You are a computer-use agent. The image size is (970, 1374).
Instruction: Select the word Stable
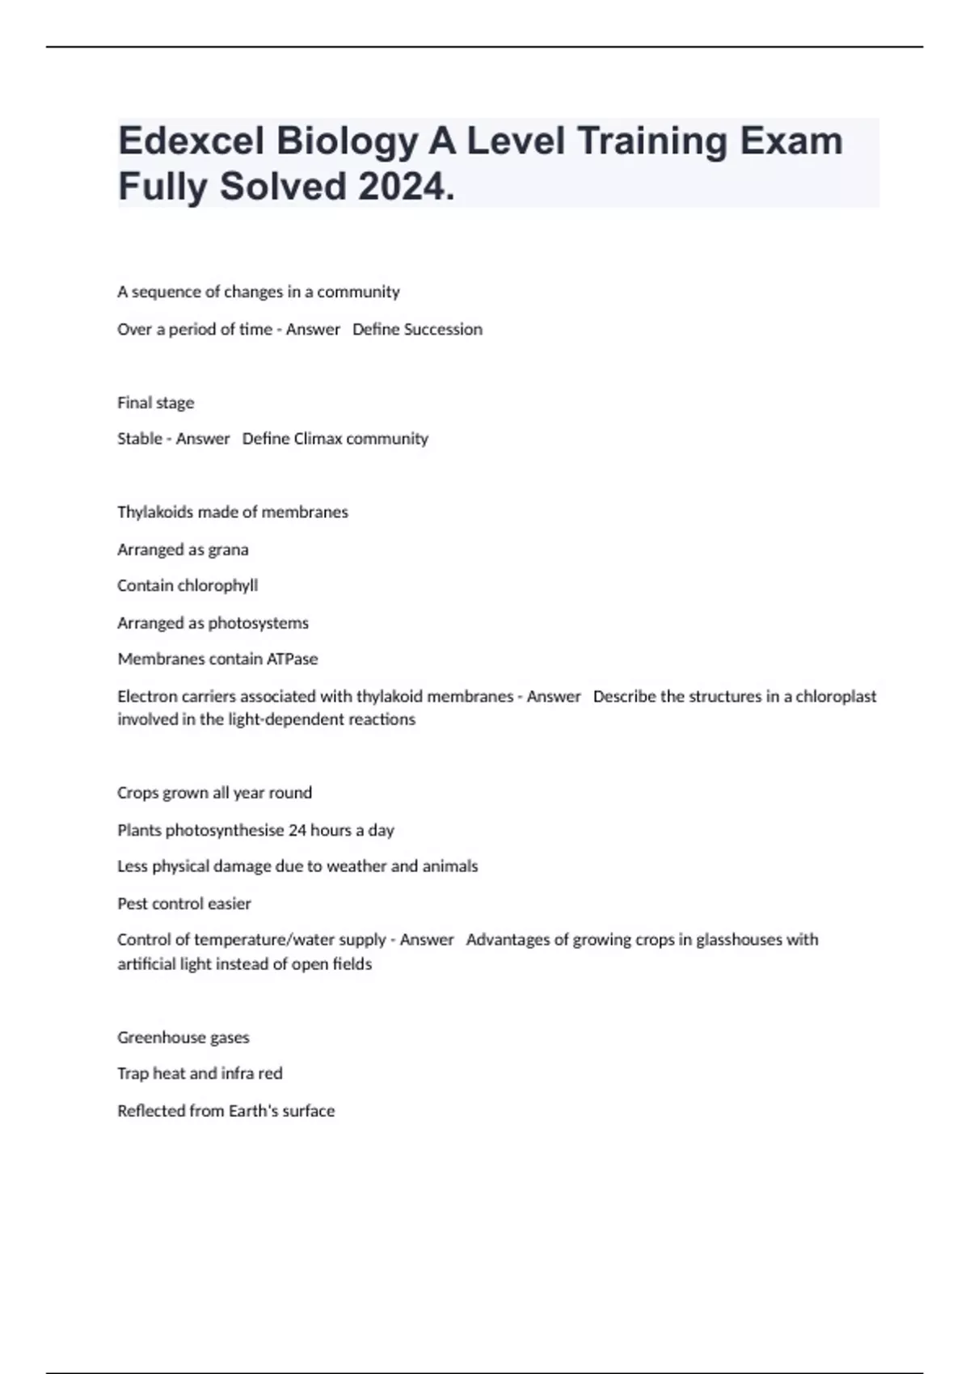pos(139,439)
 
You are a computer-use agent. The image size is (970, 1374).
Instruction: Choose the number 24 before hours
pos(297,830)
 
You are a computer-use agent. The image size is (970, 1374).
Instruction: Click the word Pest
pos(131,904)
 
